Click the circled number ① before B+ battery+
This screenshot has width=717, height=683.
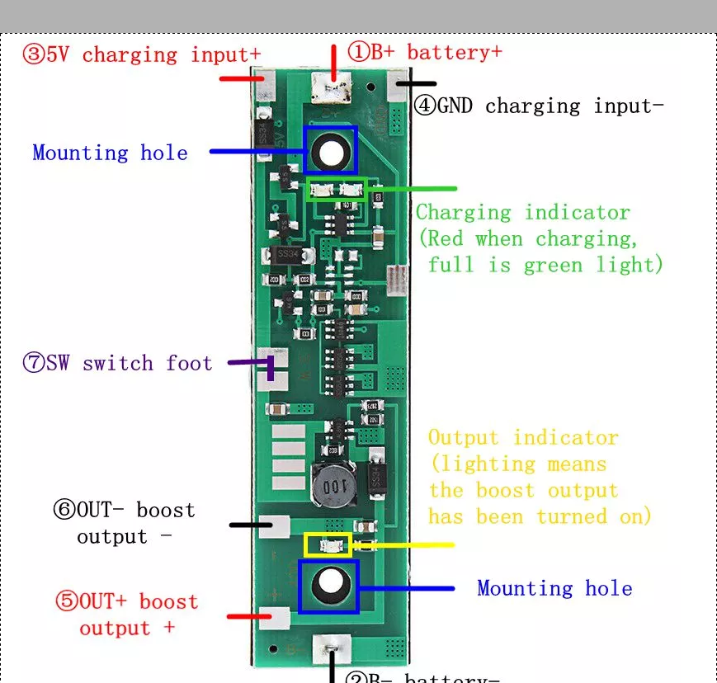coord(359,52)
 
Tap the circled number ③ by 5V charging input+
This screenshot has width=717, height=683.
coord(33,55)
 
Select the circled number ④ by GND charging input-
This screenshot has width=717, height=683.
coord(424,106)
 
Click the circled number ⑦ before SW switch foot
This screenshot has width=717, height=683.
coord(33,364)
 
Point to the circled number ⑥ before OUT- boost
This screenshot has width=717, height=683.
coord(64,510)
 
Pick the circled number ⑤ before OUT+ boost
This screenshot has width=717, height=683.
coord(66,601)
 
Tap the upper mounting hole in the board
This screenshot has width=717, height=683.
coord(331,151)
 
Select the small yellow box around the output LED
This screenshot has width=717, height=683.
coord(328,544)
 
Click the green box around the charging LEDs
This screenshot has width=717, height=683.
coord(337,189)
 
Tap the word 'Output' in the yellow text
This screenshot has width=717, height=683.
coord(463,438)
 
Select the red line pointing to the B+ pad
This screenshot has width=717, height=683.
coord(333,63)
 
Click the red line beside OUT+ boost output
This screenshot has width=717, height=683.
coord(244,616)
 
